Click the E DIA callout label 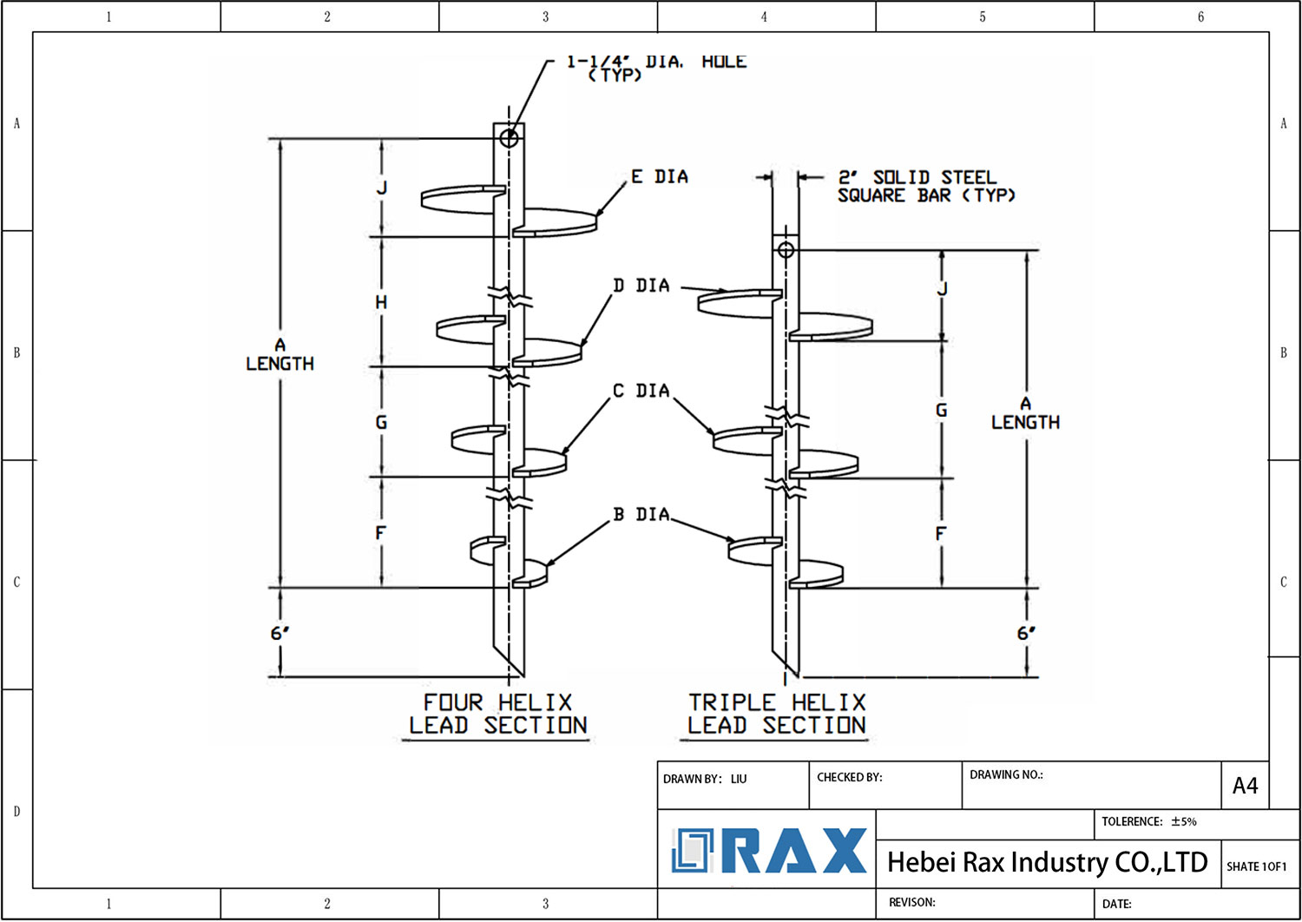coord(659,177)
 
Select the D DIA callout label coord(641,286)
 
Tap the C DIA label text coord(641,392)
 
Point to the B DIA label coord(641,515)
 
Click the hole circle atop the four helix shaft coord(510,137)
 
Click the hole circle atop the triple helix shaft coord(786,250)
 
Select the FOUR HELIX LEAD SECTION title coord(497,714)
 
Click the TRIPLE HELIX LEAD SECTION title coord(777,714)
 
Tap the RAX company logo coord(769,851)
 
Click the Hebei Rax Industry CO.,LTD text coord(1047,862)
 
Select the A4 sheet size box coord(1245,786)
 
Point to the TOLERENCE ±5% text coord(1148,821)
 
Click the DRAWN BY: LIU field coord(704,779)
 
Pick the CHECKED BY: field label coord(849,777)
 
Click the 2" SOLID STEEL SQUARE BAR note coord(925,187)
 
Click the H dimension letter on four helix coord(381,302)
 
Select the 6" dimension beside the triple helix coord(1026,633)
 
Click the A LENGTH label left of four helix coord(279,355)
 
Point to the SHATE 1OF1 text coord(1256,866)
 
